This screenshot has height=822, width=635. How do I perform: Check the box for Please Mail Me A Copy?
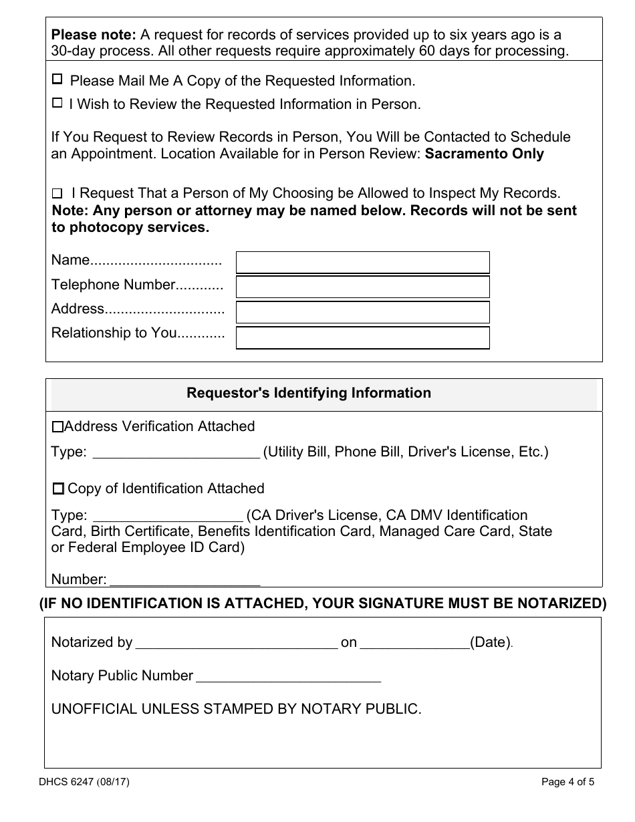[x=57, y=80]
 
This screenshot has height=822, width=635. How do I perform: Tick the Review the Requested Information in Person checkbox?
[x=57, y=103]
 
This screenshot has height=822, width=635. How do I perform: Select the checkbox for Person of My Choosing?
[x=57, y=194]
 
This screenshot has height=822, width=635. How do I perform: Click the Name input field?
[x=363, y=263]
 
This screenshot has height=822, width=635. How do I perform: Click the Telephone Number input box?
[x=363, y=287]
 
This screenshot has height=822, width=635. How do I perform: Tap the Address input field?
[x=363, y=312]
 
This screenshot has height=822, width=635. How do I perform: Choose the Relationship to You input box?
[x=363, y=337]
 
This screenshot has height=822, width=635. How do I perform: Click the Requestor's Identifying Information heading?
[x=309, y=393]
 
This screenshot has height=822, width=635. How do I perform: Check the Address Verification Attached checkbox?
[x=57, y=426]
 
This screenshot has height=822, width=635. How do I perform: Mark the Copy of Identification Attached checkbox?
[x=58, y=489]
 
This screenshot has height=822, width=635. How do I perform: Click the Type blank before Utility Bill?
[x=175, y=453]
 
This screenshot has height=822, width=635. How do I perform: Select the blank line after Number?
[x=184, y=580]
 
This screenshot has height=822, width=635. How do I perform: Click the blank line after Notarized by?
[x=237, y=644]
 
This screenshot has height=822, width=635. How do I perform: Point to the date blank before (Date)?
[x=414, y=644]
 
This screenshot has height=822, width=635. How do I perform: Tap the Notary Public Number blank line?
[x=288, y=677]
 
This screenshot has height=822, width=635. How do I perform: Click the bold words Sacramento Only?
[x=485, y=154]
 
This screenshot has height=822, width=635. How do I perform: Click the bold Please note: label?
[x=85, y=34]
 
